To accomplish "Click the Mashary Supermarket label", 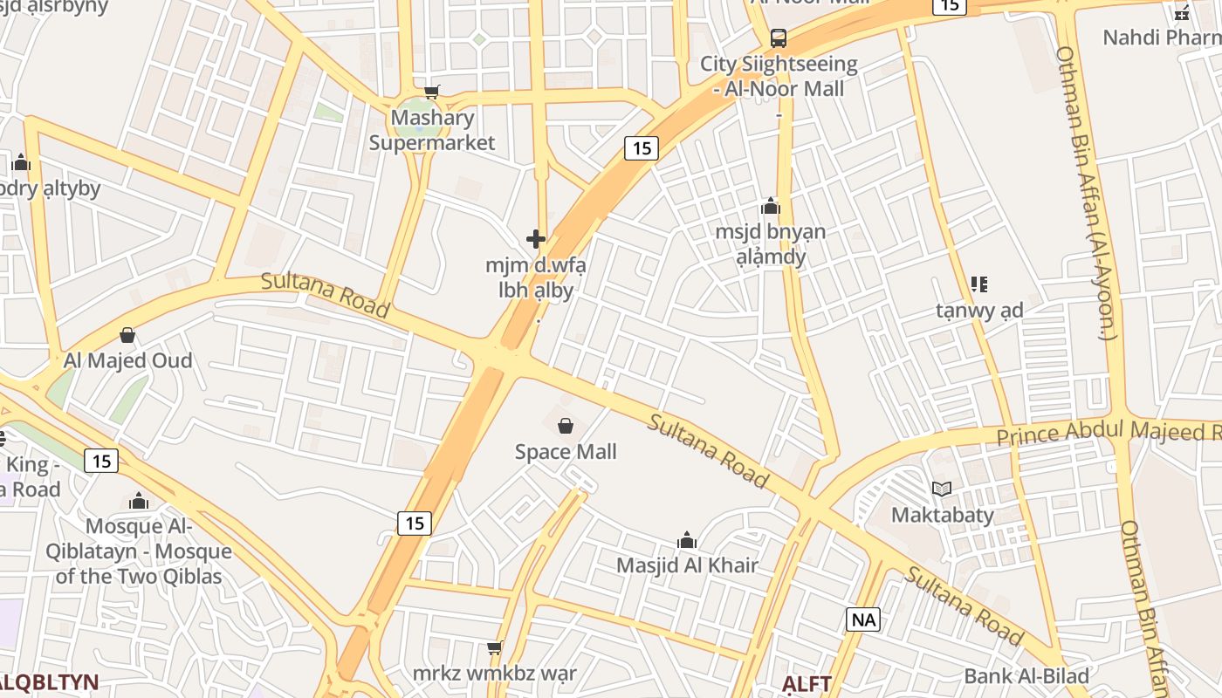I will [x=432, y=130].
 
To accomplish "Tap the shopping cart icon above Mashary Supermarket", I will [x=431, y=92].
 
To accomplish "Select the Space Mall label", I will [x=566, y=451].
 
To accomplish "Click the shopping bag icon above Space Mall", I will [x=566, y=426].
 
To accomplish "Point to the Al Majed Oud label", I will [x=127, y=360].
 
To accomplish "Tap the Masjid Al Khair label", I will [x=687, y=565].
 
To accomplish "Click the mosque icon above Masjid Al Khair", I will [x=687, y=540].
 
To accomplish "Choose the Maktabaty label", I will [x=942, y=514].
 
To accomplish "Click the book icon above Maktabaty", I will [x=942, y=489].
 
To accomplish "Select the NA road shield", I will [x=862, y=619].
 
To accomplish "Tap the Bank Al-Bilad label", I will [x=1026, y=675].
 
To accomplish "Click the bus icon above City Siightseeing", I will [x=778, y=38].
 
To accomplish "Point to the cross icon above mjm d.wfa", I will [x=536, y=239].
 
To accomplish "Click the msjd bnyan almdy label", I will [x=770, y=244].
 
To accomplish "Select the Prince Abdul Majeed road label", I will [x=1109, y=432].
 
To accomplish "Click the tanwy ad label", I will [x=979, y=310].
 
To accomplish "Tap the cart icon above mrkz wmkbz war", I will [x=495, y=647].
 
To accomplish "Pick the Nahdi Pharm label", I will [x=1160, y=38].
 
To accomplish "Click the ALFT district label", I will [x=807, y=682].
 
